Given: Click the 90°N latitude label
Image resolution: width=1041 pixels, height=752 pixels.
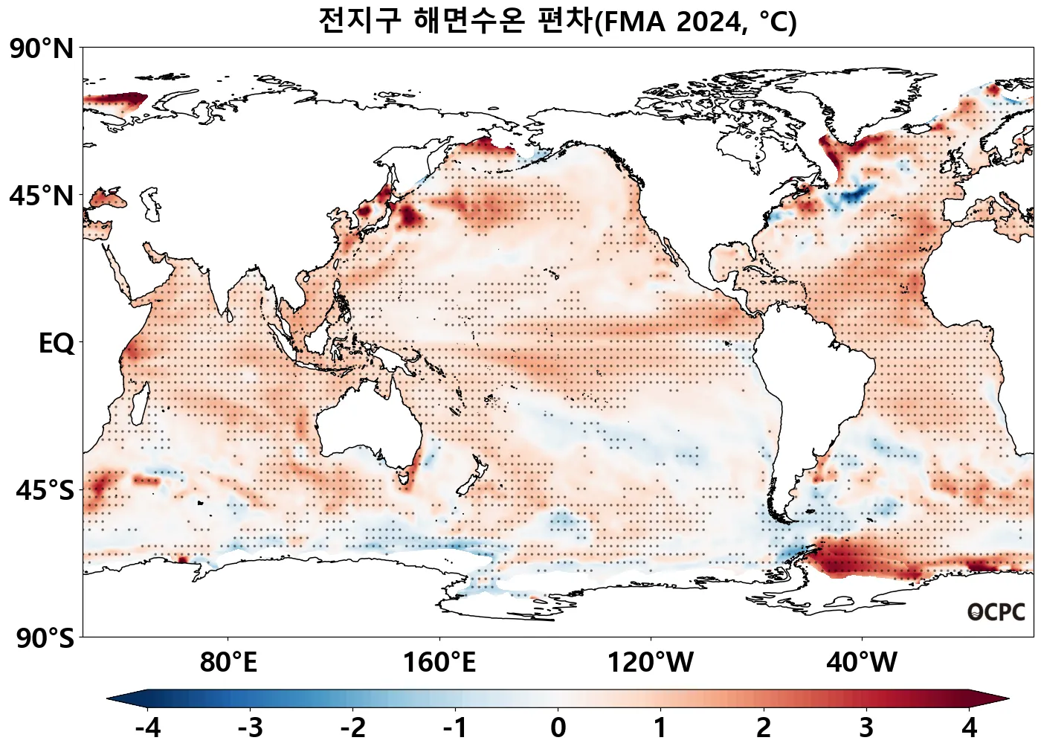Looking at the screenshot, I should tap(42, 49).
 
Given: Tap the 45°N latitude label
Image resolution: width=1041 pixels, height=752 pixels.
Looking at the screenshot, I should tap(42, 196).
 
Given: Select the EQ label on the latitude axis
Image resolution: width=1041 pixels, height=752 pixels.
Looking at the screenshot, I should tap(57, 344).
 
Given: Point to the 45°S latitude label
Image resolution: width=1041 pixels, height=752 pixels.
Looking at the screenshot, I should tap(45, 491).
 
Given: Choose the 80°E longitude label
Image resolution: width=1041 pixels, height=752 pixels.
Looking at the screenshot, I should tap(228, 662).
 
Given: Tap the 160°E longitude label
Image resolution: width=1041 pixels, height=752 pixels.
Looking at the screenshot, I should tap(439, 662).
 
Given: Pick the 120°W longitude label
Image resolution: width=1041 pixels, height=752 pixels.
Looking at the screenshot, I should tap(651, 662).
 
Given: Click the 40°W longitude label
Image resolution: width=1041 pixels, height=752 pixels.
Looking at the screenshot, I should tap(862, 662).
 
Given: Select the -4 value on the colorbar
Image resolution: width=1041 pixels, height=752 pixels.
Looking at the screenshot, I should tap(148, 727).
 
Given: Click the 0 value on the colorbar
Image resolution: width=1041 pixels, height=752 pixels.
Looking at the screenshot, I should tap(558, 727).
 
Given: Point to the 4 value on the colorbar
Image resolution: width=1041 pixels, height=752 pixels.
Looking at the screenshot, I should tap(969, 727).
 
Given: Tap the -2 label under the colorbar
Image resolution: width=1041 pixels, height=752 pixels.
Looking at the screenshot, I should tap(352, 727).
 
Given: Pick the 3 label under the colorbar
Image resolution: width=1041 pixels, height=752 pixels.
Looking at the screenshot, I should tap(866, 727).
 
